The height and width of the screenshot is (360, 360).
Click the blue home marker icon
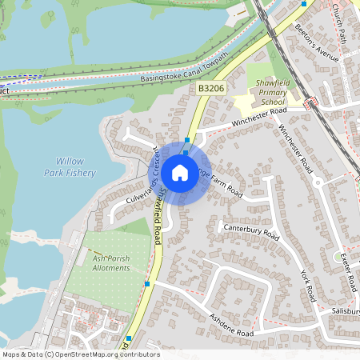pyautogui.click(x=180, y=173)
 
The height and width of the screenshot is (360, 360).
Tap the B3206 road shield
pyautogui.click(x=211, y=92)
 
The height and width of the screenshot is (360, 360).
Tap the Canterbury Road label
pyautogui.click(x=251, y=233)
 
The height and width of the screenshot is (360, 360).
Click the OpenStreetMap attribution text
pyautogui.click(x=80, y=354)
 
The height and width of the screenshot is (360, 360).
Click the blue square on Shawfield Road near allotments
pyautogui.click(x=148, y=283)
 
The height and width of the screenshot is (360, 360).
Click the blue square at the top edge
pyautogui.click(x=303, y=3)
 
